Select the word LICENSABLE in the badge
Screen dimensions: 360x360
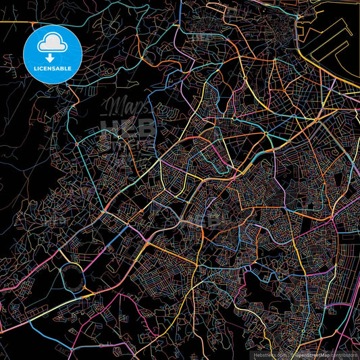click(53, 68)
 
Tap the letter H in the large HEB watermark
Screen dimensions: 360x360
click(109, 127)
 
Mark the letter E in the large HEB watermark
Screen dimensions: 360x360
click(127, 127)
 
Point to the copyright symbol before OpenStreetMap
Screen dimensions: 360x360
click(292, 353)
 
